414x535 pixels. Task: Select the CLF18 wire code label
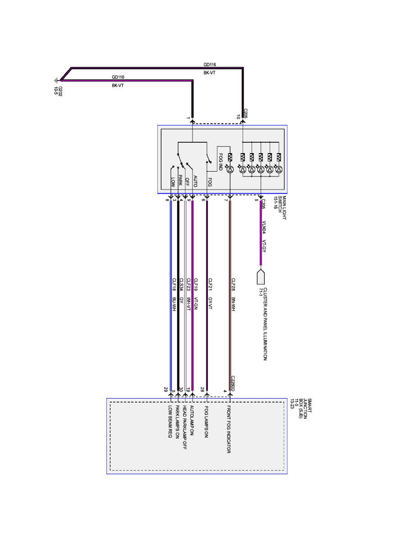click(174, 285)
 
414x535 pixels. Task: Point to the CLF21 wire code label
click(210, 285)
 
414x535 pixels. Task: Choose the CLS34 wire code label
click(181, 285)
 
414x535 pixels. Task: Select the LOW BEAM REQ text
click(171, 422)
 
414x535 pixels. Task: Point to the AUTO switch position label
click(195, 181)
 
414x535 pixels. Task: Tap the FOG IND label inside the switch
click(221, 162)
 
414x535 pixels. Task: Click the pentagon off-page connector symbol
click(260, 275)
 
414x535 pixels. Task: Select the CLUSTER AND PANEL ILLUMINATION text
click(265, 323)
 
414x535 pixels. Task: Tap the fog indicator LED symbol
click(230, 169)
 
